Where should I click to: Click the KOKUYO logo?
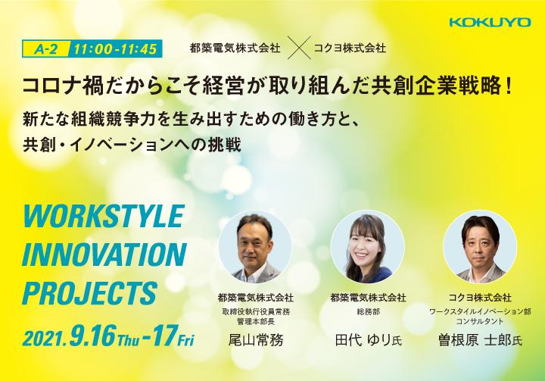(x=490, y=22)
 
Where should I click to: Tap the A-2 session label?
(x=46, y=49)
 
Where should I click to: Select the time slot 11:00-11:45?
(x=116, y=49)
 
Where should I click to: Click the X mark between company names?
(x=298, y=48)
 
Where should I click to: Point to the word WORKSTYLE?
(x=103, y=216)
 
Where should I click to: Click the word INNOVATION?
(x=104, y=255)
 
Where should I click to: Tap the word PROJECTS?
(x=90, y=293)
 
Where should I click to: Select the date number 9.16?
(x=92, y=336)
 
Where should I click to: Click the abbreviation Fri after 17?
(x=185, y=340)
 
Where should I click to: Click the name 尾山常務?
(x=256, y=340)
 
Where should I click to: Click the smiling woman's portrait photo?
(x=367, y=247)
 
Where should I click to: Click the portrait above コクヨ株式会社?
(x=480, y=247)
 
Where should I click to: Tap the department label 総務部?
(x=368, y=312)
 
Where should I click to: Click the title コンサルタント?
(x=480, y=321)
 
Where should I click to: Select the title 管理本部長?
(x=256, y=321)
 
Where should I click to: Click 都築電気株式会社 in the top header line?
(x=235, y=48)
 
